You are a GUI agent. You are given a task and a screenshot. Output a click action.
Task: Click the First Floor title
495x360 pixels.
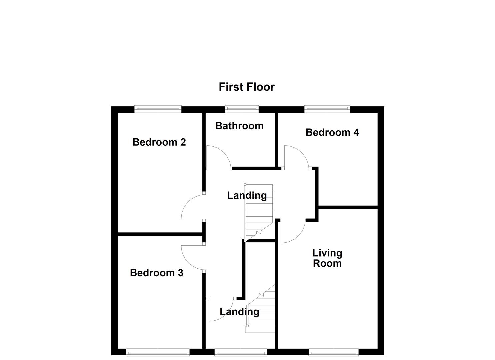click(247, 87)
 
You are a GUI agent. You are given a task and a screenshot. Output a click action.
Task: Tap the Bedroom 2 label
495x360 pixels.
click(159, 142)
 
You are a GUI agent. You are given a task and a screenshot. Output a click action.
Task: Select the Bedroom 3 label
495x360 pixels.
click(156, 273)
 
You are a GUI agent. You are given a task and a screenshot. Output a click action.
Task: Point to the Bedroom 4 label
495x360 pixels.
click(332, 133)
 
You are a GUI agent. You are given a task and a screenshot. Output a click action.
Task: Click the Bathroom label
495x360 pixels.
click(239, 126)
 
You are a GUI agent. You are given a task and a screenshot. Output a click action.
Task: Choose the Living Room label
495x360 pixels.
click(327, 258)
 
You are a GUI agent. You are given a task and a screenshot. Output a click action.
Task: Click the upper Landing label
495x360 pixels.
click(247, 196)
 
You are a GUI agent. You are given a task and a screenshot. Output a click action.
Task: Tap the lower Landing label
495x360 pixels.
click(239, 312)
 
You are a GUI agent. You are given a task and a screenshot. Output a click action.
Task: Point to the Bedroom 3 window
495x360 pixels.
click(158, 352)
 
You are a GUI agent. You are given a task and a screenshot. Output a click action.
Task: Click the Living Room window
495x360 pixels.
click(334, 352)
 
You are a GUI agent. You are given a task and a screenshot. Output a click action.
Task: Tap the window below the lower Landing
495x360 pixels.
click(240, 352)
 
